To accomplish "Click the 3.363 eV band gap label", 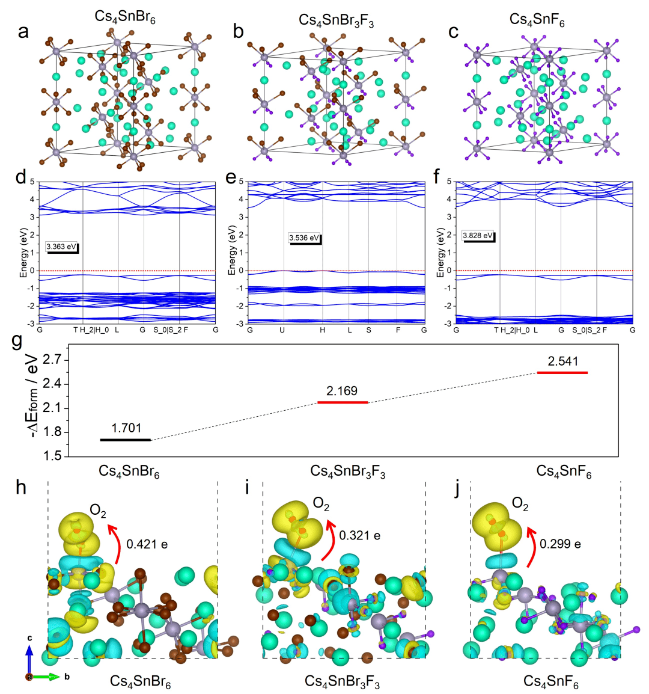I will click(x=62, y=247).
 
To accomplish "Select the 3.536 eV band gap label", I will click(x=304, y=238).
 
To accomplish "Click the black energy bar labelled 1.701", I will click(x=126, y=440).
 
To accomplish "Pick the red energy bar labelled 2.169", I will click(x=342, y=402).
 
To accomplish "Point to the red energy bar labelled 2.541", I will click(x=562, y=373).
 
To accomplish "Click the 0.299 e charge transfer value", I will click(x=560, y=544).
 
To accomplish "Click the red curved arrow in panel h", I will click(x=114, y=544).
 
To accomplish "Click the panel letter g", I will click(x=17, y=341).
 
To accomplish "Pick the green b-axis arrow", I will click(x=46, y=677).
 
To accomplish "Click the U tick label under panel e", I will click(x=282, y=330).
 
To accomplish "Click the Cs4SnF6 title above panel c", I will click(x=537, y=20).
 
